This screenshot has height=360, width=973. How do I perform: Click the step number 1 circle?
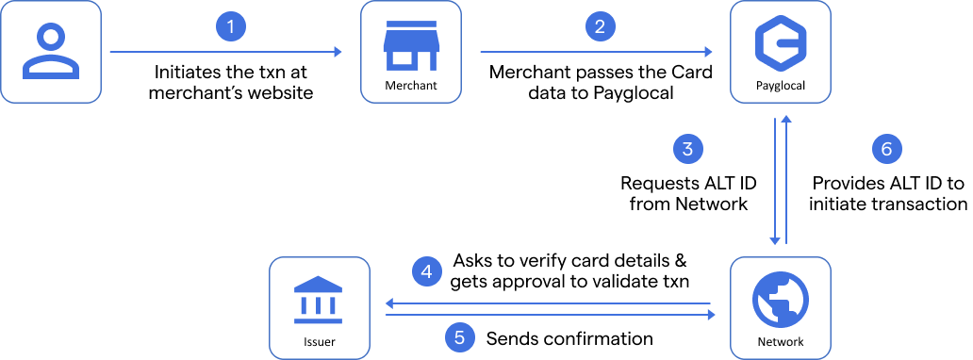coord(231,26)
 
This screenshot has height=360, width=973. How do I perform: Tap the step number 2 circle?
coord(600,26)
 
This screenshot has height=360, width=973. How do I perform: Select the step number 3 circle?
coord(688,148)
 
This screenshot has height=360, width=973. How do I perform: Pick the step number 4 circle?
coord(427,272)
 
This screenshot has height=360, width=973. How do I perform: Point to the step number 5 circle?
coord(459,335)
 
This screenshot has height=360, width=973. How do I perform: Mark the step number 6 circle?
coord(886,148)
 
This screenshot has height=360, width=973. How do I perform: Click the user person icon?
coord(51,51)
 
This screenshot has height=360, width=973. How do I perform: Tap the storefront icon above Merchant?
coord(411,44)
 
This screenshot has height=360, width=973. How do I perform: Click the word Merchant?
coord(411,87)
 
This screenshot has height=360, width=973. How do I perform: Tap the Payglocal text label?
coord(780,87)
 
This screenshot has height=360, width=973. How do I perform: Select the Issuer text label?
coord(319,342)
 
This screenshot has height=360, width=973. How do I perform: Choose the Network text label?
coord(780,342)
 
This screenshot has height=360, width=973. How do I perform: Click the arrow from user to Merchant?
coord(226,53)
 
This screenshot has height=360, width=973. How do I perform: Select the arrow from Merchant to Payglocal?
coord(596,53)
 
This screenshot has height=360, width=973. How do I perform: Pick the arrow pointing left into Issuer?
coord(547,303)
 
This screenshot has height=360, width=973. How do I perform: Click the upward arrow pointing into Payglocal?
coord(786,179)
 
